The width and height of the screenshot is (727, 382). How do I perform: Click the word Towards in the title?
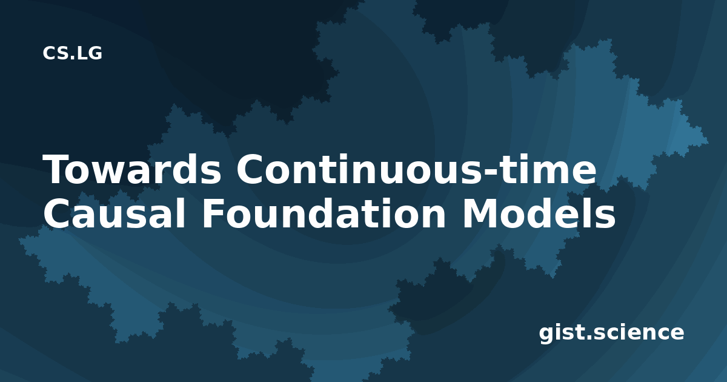pyautogui.click(x=132, y=169)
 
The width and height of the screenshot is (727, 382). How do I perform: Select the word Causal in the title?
pyautogui.click(x=115, y=213)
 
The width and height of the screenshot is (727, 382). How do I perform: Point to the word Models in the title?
pyautogui.click(x=539, y=213)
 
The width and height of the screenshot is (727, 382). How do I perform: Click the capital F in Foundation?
pyautogui.click(x=213, y=213)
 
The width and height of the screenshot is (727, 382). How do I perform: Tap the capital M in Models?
pyautogui.click(x=480, y=213)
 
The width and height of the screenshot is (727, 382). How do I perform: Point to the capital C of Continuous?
pyautogui.click(x=251, y=169)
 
